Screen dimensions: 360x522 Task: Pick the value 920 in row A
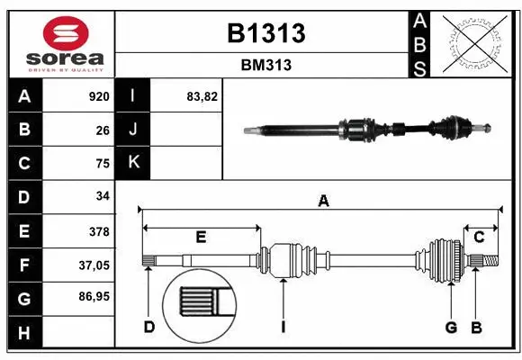click(98, 96)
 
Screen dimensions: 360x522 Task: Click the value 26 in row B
click(102, 130)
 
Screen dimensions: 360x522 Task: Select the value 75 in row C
click(102, 163)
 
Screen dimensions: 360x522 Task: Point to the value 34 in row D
click(102, 196)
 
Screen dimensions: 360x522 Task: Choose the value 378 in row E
click(98, 231)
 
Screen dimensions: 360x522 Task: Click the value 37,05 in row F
click(94, 265)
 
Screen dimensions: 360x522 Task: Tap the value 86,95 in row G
click(94, 296)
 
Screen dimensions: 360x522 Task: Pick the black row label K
click(133, 163)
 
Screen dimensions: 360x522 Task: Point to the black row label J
click(133, 130)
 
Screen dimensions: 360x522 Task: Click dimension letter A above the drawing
click(322, 202)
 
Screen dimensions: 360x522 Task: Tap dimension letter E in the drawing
click(201, 237)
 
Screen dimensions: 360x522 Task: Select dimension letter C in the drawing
click(480, 237)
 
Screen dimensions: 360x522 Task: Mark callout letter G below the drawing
click(451, 327)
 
